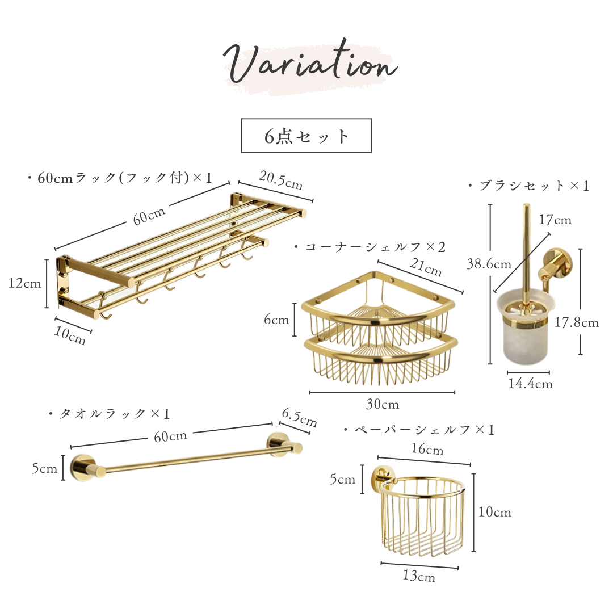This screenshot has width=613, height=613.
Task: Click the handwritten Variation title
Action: (x=310, y=64)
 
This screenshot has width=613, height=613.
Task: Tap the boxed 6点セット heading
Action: (x=306, y=136)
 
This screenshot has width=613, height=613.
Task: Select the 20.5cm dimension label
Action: (x=281, y=180)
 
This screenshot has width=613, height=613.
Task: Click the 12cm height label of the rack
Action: (x=24, y=283)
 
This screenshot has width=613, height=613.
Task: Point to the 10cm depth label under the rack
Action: (x=70, y=335)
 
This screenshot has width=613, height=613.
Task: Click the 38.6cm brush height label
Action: (x=489, y=264)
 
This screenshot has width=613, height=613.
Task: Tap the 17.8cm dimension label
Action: (x=577, y=322)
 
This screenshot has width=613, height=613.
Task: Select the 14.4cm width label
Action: (x=530, y=384)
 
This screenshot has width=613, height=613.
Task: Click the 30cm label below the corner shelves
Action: (x=383, y=404)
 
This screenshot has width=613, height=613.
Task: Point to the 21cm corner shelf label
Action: (x=426, y=267)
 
